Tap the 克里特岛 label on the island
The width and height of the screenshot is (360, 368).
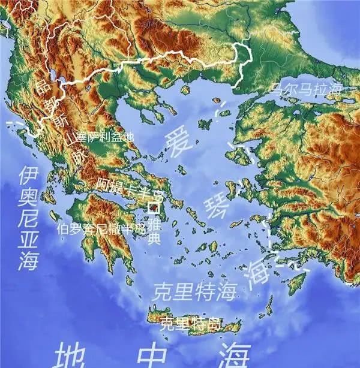click(190, 324)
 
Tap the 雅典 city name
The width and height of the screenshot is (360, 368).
click(154, 232)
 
